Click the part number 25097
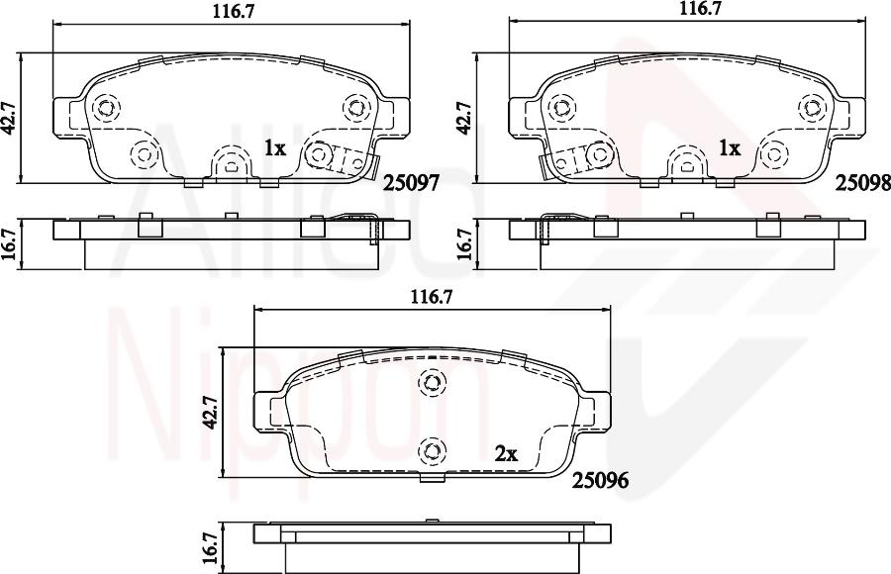pos(411,183)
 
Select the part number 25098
pos(862,182)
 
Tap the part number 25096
pos(601,481)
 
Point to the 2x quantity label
pos(506,454)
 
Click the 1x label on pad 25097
pos(274,148)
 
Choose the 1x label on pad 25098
pos(730,148)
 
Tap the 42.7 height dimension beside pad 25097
pos(10,118)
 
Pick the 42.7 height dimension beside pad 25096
pos(209,413)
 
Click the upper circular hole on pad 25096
pos(431,382)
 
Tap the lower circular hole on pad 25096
pos(431,450)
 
